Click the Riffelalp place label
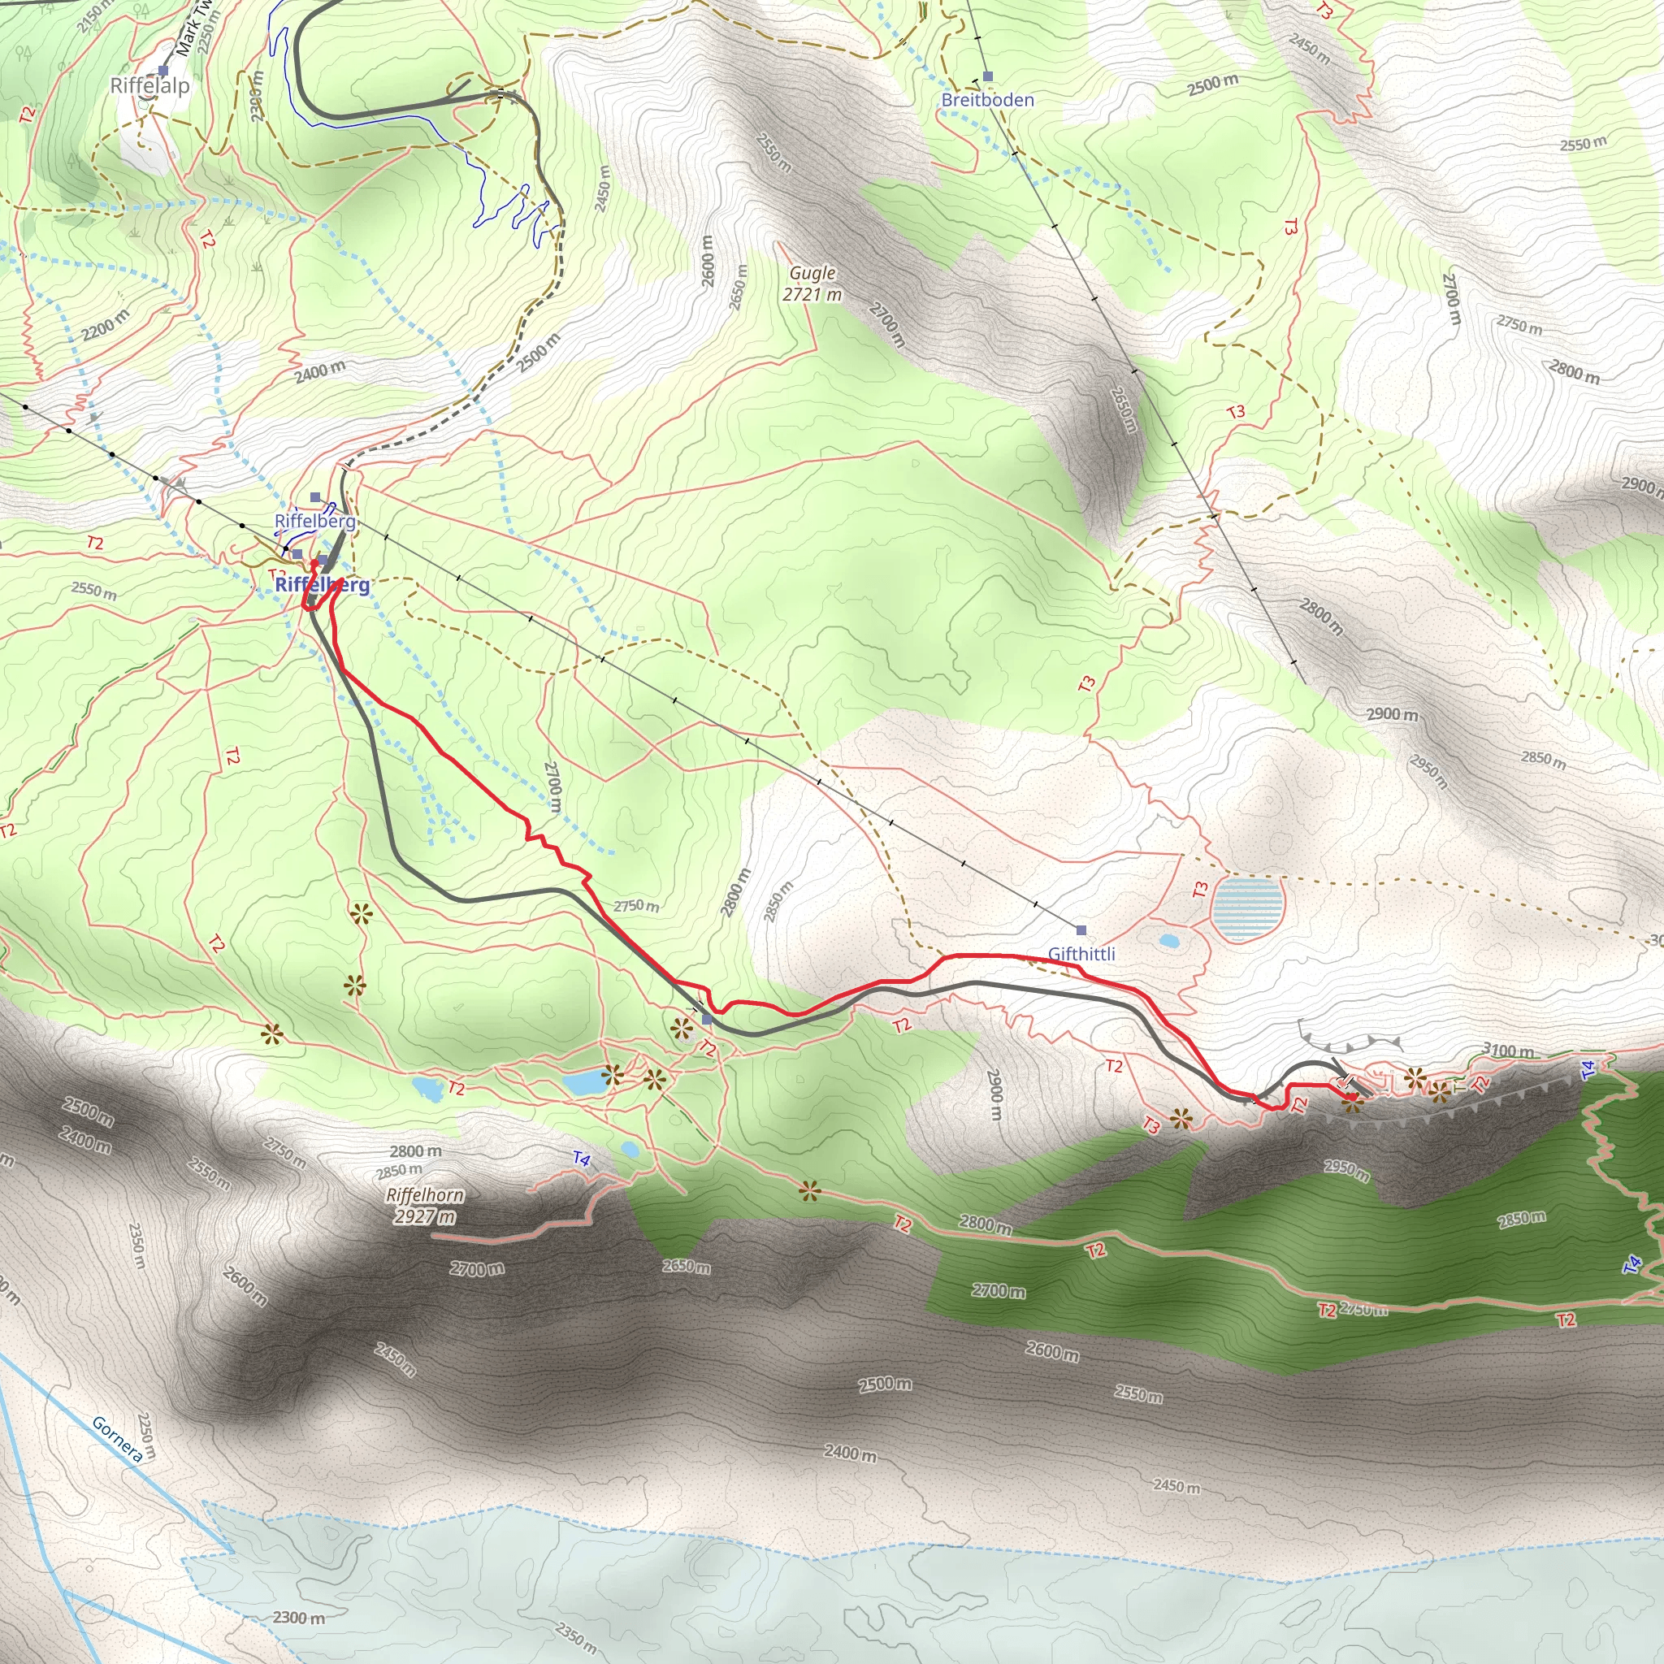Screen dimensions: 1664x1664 149,85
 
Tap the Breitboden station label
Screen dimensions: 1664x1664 987,100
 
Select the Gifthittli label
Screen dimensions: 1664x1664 1081,953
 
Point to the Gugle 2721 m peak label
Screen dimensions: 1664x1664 812,284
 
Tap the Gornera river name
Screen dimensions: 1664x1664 117,1439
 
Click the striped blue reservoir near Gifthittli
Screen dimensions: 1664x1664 1247,908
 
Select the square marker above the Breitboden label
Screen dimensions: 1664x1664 988,76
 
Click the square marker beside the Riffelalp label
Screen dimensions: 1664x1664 162,71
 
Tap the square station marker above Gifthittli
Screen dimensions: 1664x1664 1081,930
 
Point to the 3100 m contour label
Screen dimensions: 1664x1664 1508,1051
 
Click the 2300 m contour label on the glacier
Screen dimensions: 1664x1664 299,1618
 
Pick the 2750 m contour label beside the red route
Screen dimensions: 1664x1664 636,906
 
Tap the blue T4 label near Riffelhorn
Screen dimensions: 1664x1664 582,1159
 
